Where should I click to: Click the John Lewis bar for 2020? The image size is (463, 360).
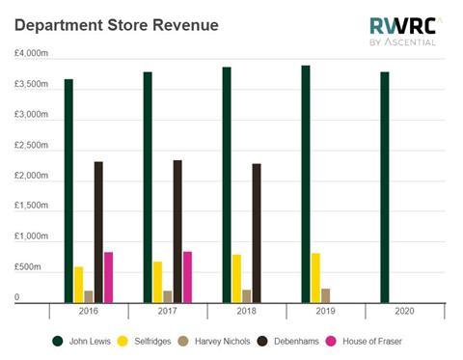[384, 187]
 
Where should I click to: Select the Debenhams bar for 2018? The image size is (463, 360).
[257, 233]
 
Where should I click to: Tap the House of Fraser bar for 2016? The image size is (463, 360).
[109, 277]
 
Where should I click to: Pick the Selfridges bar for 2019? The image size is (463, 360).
[315, 278]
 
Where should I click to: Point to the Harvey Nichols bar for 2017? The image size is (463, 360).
[168, 296]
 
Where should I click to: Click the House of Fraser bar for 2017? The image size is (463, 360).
[188, 277]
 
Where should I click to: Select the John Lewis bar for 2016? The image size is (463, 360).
[68, 190]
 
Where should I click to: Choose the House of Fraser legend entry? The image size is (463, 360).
[370, 341]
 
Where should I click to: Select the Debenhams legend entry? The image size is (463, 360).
[293, 341]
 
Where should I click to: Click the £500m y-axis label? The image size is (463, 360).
[27, 267]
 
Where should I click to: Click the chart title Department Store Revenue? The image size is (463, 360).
[116, 24]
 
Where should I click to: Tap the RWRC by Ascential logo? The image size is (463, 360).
[404, 31]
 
